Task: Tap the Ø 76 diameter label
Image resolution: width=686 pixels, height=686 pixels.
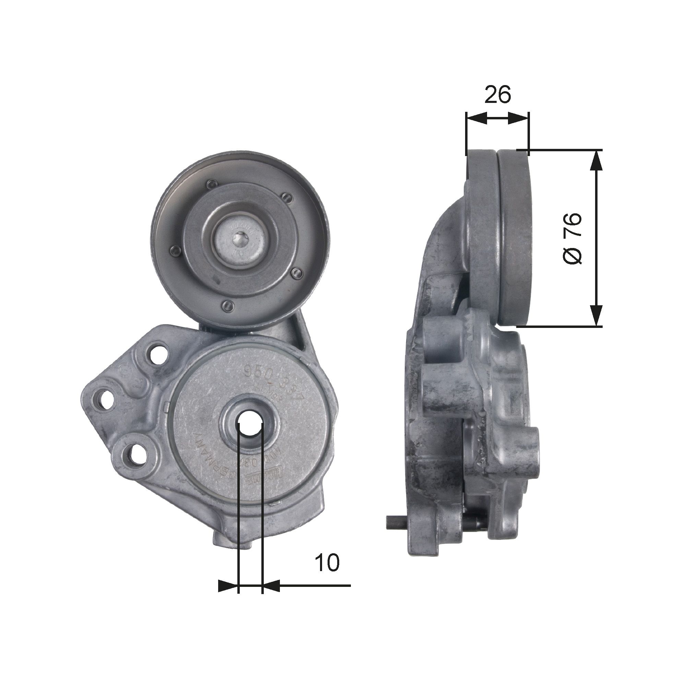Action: click(x=572, y=238)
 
